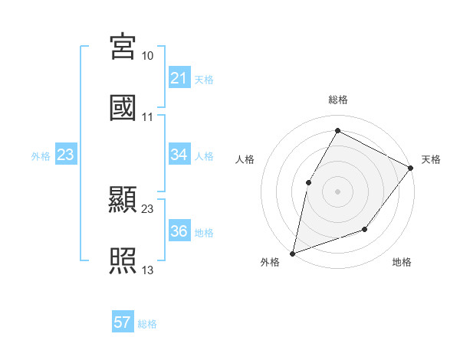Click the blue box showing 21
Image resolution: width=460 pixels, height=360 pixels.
click(179, 78)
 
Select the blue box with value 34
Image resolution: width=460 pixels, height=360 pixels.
click(179, 155)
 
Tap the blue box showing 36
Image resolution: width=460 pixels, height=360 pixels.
click(179, 231)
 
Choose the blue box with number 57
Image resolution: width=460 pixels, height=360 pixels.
click(123, 322)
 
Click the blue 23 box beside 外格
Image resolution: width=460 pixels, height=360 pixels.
click(66, 155)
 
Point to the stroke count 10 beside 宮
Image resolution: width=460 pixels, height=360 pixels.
click(148, 56)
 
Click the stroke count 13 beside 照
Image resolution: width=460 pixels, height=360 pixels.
click(148, 270)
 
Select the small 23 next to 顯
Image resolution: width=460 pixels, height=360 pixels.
click(148, 209)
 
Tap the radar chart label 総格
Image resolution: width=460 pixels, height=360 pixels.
click(337, 100)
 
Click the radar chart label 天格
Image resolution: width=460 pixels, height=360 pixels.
click(431, 159)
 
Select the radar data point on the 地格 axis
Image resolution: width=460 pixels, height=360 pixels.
click(365, 229)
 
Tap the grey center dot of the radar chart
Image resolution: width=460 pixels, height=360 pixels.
click(337, 191)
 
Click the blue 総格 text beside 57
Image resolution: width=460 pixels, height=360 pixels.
click(147, 324)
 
